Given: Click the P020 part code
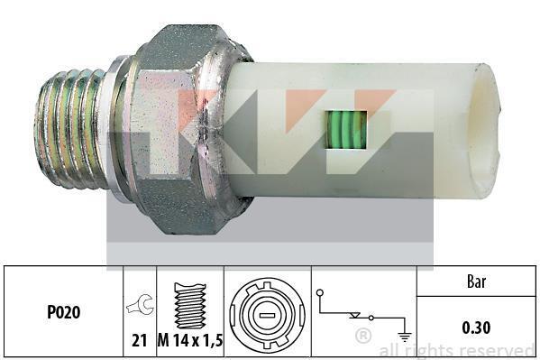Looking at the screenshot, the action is pos(63,312).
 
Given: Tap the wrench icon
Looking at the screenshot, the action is pos(140,304).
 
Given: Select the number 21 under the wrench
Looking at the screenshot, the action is pos(139,341).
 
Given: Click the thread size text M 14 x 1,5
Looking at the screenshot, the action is pos(190,341).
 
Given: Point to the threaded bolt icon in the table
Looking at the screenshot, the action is pos(190,306).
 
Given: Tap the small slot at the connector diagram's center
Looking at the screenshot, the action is pos(267,316).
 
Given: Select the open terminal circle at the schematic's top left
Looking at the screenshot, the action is pos(320,292).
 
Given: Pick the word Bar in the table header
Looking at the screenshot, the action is pos(476,282).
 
